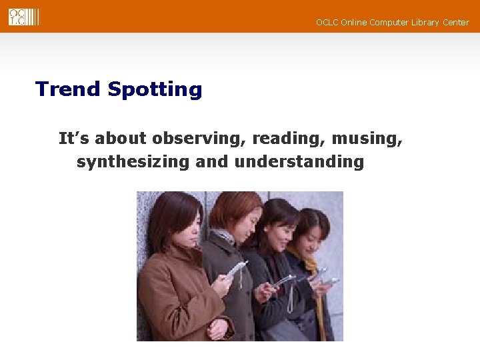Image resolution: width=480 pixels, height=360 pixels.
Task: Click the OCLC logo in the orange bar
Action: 23,17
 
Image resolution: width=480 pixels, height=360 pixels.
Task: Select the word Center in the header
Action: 455,23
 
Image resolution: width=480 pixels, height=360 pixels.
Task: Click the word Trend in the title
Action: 67,89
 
